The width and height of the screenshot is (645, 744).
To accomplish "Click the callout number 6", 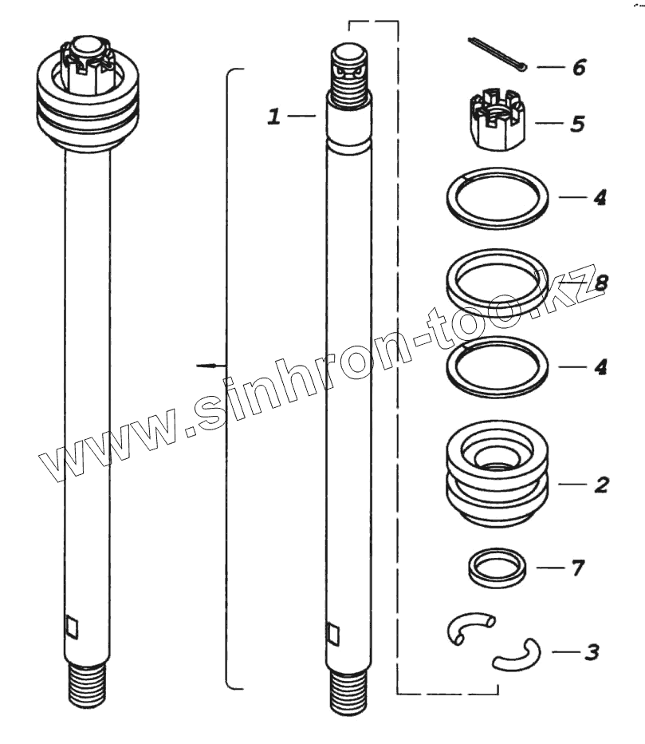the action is pyautogui.click(x=579, y=67).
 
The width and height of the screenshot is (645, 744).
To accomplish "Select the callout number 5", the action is pyautogui.click(x=577, y=124).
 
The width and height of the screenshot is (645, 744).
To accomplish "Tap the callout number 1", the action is pyautogui.click(x=274, y=117).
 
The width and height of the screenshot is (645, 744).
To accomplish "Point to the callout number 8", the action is pyautogui.click(x=600, y=283).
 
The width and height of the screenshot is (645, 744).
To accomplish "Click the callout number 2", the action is pyautogui.click(x=601, y=485).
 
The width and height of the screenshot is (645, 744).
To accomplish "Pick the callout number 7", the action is pyautogui.click(x=578, y=568).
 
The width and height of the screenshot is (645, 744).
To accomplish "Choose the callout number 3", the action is pyautogui.click(x=592, y=652).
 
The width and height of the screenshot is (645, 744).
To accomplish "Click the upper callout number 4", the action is pyautogui.click(x=600, y=197).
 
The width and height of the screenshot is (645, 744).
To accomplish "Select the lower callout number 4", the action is pyautogui.click(x=600, y=367).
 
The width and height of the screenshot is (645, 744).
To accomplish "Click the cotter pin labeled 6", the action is pyautogui.click(x=498, y=56).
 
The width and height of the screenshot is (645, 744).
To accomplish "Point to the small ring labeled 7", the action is pyautogui.click(x=498, y=568).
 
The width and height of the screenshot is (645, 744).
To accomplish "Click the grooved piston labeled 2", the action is pyautogui.click(x=498, y=473).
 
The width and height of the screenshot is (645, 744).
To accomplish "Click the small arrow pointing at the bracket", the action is pyautogui.click(x=211, y=366).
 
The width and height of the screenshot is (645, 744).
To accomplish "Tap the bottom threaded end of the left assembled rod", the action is pyautogui.click(x=88, y=686).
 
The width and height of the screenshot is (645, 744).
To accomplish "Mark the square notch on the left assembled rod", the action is pyautogui.click(x=72, y=627).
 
